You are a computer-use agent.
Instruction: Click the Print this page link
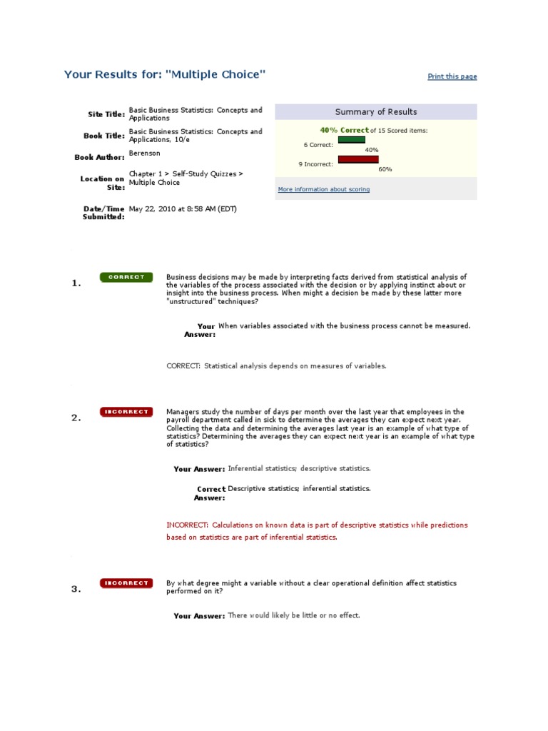coord(452,76)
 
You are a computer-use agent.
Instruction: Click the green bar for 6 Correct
coord(351,140)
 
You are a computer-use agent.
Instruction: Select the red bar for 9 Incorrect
coord(358,159)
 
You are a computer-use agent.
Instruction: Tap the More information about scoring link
coord(323,190)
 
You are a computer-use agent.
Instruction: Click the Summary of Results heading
coord(376,112)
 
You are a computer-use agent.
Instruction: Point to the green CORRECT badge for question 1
coord(126,277)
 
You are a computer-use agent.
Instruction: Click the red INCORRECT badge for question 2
coord(126,412)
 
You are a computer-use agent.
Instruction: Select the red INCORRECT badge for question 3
coord(126,583)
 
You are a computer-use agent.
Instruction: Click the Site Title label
coord(106,114)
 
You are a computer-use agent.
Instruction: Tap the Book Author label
coord(100,156)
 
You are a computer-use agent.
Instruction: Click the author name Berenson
coord(143,153)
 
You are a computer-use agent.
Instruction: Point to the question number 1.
coord(76,283)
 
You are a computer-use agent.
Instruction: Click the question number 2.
coord(76,418)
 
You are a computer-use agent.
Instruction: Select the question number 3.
coord(76,590)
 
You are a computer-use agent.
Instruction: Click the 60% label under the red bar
coord(385,169)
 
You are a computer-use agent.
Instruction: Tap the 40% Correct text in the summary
coord(345,131)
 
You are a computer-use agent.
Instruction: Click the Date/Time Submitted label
coord(104,213)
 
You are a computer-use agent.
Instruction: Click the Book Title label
coord(104,136)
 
